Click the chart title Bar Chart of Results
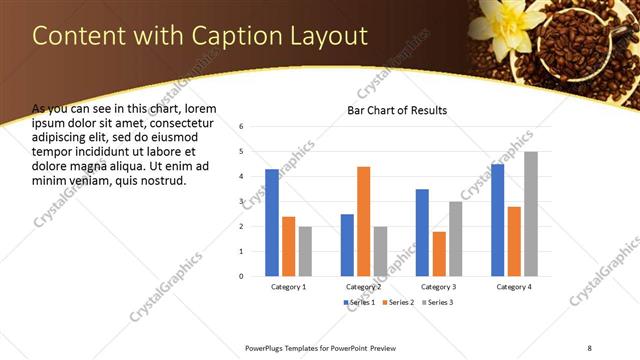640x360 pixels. (x=396, y=110)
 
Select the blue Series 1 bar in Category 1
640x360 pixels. (x=272, y=222)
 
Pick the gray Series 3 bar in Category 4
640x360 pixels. (x=530, y=213)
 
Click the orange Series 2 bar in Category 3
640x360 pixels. (x=438, y=253)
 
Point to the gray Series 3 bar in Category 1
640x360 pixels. (x=305, y=250)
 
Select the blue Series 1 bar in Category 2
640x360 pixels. (x=347, y=244)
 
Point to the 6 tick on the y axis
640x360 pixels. (x=241, y=127)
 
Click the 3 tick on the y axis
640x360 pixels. (x=241, y=202)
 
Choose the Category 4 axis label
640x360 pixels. (x=513, y=287)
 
